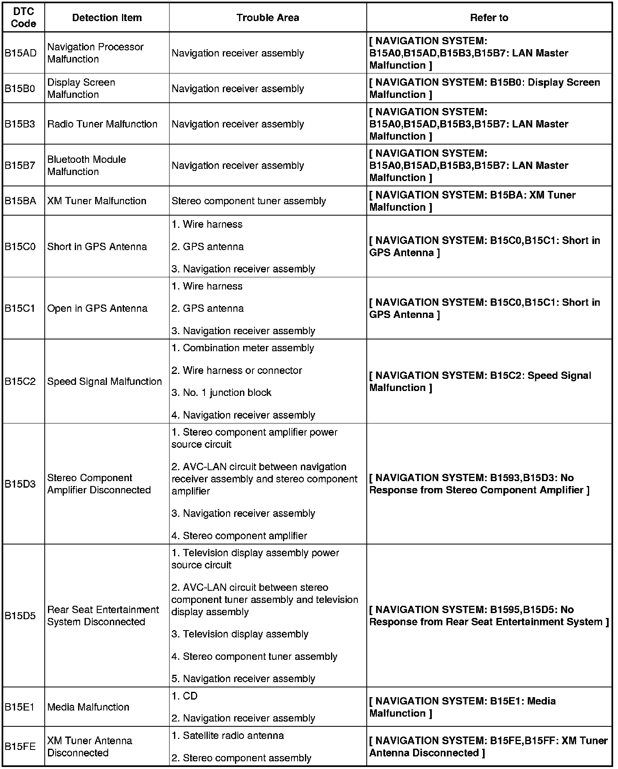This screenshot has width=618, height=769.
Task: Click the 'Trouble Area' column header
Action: click(x=268, y=18)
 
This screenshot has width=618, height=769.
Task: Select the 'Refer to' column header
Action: click(x=489, y=18)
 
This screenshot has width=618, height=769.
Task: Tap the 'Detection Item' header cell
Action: click(x=107, y=18)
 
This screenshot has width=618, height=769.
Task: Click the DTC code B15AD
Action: click(x=20, y=53)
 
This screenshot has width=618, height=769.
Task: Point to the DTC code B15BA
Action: click(x=20, y=201)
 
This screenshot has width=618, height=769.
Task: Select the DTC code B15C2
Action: click(x=20, y=382)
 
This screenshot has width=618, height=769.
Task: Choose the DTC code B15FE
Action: click(x=20, y=747)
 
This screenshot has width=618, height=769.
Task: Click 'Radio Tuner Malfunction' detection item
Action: click(x=102, y=124)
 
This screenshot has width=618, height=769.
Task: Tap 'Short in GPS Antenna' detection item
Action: click(x=97, y=247)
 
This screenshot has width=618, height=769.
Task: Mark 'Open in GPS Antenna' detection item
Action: click(x=97, y=309)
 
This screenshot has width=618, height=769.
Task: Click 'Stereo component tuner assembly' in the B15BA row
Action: click(x=248, y=201)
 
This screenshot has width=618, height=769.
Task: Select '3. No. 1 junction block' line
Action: click(x=221, y=393)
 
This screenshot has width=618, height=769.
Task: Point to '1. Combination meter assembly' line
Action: click(x=243, y=348)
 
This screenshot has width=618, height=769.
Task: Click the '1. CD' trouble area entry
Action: click(x=185, y=696)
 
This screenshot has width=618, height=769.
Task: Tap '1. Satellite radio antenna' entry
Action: click(x=227, y=736)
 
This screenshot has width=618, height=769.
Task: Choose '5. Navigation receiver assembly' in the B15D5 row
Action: click(x=243, y=678)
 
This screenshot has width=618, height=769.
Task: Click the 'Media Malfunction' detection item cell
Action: click(x=88, y=707)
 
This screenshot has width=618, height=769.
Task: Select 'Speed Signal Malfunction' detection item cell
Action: click(x=104, y=382)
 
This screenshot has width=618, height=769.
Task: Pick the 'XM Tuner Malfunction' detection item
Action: click(x=97, y=201)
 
